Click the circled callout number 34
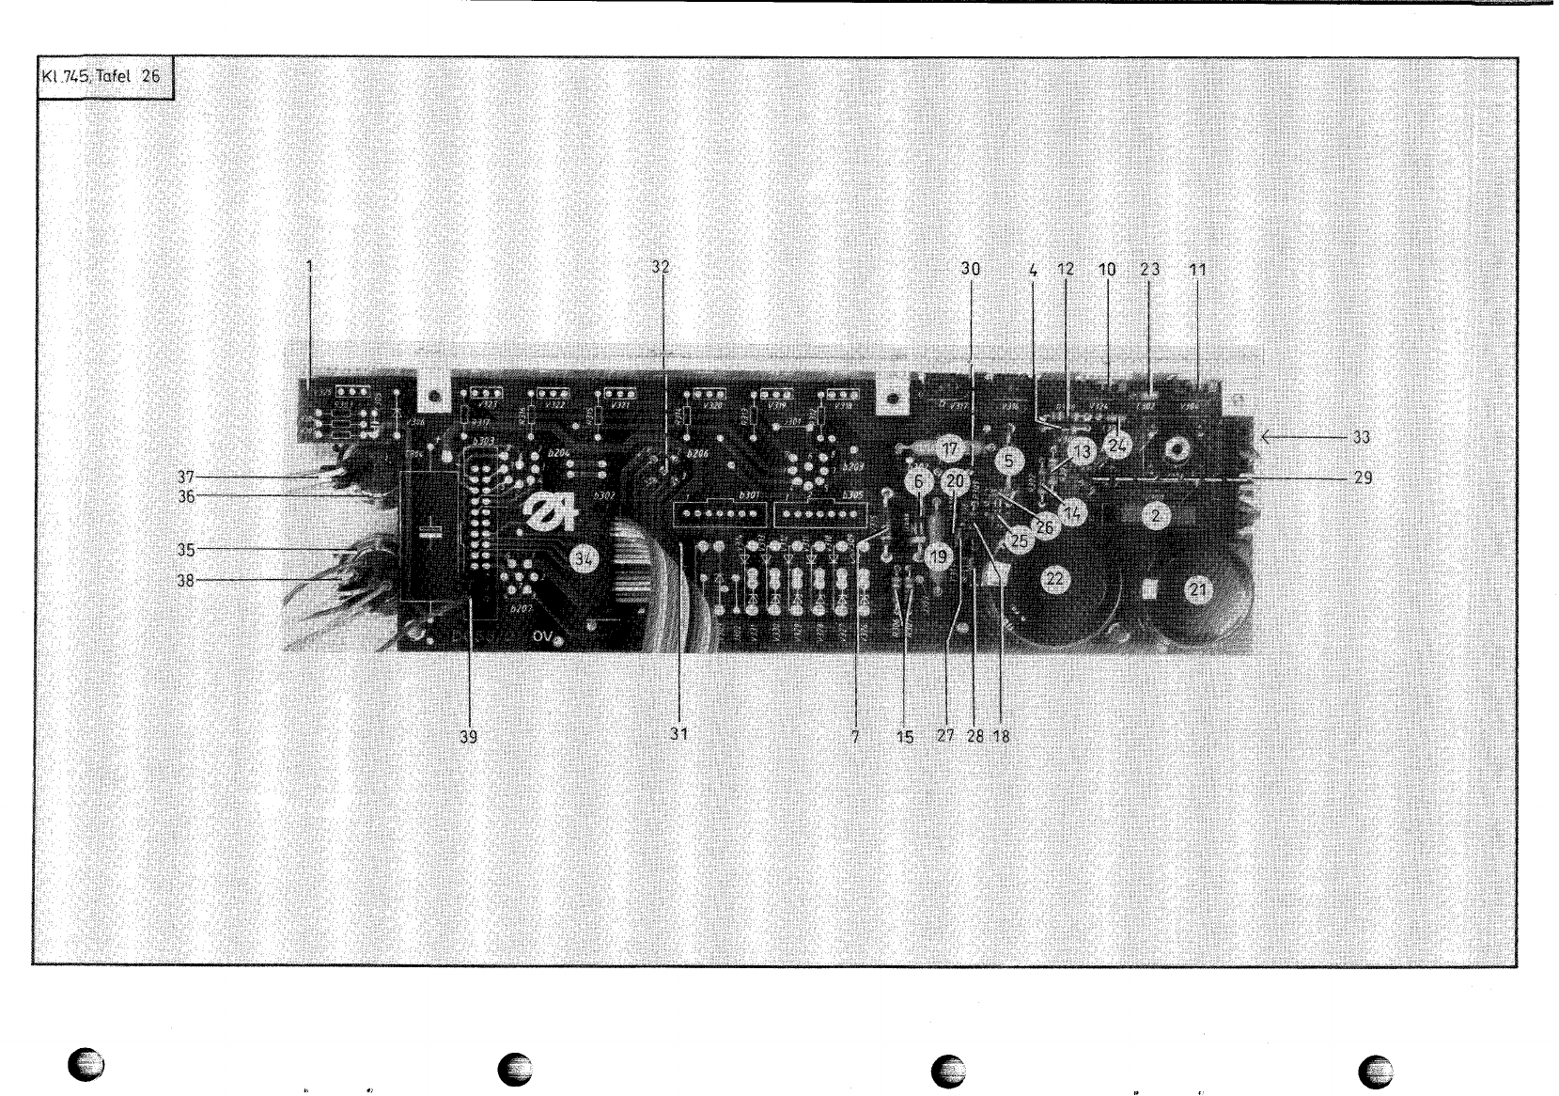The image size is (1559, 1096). pos(585,559)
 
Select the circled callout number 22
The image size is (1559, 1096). pos(1054,579)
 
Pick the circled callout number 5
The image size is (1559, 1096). pos(1008,461)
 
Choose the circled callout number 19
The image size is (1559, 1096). pos(938,556)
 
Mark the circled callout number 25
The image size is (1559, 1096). pos(1019,540)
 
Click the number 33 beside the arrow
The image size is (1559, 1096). pos(1361,437)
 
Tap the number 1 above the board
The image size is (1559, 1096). pos(309,266)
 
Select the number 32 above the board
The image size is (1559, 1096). pos(662,266)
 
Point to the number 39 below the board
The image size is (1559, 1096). pos(468,738)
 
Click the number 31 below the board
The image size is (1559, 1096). pos(678,735)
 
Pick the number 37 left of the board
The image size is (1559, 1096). pos(186,477)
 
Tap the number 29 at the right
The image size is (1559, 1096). pos(1363,478)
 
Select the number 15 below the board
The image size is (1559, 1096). pos(904,737)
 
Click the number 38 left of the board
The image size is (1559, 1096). pos(186,581)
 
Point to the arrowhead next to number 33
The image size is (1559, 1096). pos(1266,437)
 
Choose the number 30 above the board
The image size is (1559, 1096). pos(970,269)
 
